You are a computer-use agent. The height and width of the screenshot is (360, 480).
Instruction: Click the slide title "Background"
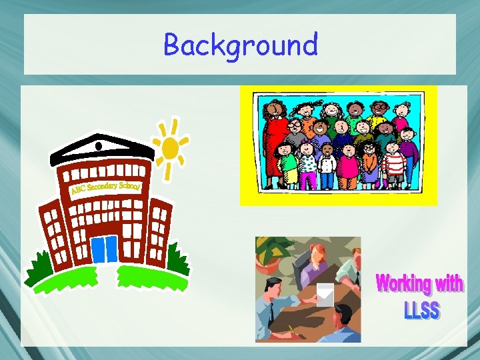click(x=240, y=45)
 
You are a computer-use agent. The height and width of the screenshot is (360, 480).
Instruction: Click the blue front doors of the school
click(x=104, y=249)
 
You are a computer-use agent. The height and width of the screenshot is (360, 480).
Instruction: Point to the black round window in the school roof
click(x=99, y=145)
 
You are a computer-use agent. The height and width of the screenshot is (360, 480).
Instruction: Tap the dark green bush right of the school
click(x=177, y=259)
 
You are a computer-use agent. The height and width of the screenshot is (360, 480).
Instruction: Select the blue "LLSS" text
click(x=421, y=310)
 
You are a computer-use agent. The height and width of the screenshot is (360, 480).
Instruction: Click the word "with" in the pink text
click(x=449, y=284)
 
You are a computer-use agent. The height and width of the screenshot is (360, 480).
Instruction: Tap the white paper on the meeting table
click(x=325, y=294)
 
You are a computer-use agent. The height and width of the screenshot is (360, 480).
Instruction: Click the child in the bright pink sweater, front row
click(x=348, y=163)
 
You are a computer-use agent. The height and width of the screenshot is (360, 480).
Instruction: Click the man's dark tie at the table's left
click(x=271, y=312)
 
